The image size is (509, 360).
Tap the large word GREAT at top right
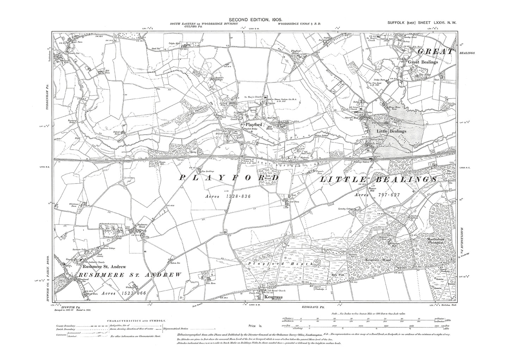pos(435,52)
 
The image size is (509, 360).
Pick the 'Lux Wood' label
pos(268,179)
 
